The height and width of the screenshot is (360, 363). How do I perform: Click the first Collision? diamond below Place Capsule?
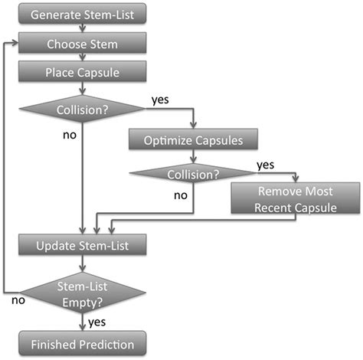pos(81,110)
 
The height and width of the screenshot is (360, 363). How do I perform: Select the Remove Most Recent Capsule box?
pos(294,198)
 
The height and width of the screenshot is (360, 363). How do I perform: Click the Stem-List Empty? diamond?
pos(82,294)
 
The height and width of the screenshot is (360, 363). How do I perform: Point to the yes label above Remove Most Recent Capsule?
pos(265,164)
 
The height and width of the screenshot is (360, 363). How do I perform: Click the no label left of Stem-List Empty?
pos(16,301)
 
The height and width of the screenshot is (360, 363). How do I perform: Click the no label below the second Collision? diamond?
pos(181,196)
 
